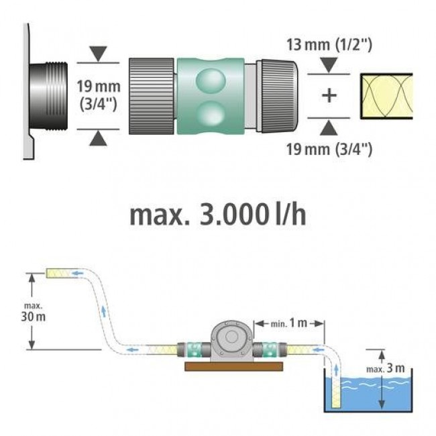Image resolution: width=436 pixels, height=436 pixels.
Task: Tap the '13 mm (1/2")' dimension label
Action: coord(329,46)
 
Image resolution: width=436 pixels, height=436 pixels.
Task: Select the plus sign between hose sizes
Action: coord(329,95)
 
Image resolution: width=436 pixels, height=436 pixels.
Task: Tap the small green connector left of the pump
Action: coord(193,350)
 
